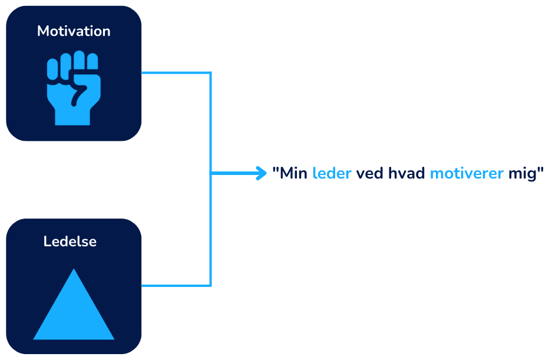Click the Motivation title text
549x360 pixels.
[x=74, y=31]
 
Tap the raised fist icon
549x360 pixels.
[x=74, y=88]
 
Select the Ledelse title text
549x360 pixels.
[x=70, y=242]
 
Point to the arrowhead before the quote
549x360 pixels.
[x=263, y=173]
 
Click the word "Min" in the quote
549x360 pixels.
[x=294, y=174]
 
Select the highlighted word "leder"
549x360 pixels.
[x=332, y=174]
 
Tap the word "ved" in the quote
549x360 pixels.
[x=370, y=174]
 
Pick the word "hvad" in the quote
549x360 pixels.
[x=406, y=174]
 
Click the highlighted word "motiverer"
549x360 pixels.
[x=467, y=174]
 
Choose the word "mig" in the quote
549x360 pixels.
[x=522, y=175]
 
